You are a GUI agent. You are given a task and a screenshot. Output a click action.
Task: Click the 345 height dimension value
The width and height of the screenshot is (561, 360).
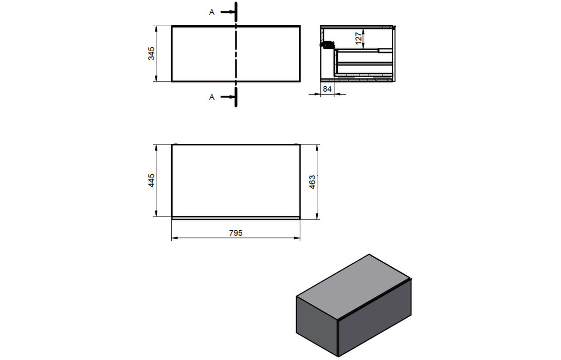pos(152,53)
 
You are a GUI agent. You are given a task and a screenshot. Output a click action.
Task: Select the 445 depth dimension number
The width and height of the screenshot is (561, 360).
pos(152,181)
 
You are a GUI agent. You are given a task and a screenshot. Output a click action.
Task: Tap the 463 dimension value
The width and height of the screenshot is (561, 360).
pos(312,182)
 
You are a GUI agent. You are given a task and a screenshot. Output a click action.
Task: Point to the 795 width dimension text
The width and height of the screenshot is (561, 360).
pos(235,233)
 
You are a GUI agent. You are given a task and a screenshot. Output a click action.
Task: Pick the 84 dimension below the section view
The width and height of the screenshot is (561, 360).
pos(327,88)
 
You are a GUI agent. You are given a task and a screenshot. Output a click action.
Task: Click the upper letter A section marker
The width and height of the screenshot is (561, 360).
pos(212,12)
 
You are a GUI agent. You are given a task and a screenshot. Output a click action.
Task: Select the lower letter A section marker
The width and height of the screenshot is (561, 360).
pos(212,97)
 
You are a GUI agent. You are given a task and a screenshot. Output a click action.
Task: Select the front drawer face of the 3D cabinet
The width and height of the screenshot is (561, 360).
pos(374,319)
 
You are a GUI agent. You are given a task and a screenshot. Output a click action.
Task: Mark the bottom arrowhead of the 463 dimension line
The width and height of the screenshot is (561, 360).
pos(316,216)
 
